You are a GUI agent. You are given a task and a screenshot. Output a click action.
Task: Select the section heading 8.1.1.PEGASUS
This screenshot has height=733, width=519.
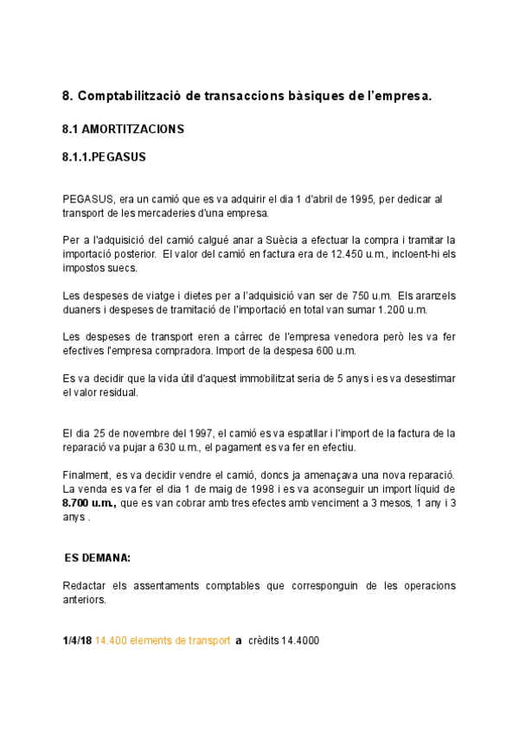[x=104, y=158]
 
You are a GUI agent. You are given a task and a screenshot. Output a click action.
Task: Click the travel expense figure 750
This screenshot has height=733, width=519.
[x=351, y=296]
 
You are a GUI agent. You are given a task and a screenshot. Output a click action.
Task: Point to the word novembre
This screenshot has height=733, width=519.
[x=144, y=433]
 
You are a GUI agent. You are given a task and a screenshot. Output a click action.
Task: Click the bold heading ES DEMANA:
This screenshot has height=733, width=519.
[x=98, y=558]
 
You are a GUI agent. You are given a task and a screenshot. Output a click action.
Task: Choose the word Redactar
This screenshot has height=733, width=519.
[x=85, y=586]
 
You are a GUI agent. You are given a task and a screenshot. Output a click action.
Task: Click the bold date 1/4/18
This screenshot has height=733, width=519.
[x=76, y=641]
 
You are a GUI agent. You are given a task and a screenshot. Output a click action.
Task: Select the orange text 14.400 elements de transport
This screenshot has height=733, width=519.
[x=163, y=641]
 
